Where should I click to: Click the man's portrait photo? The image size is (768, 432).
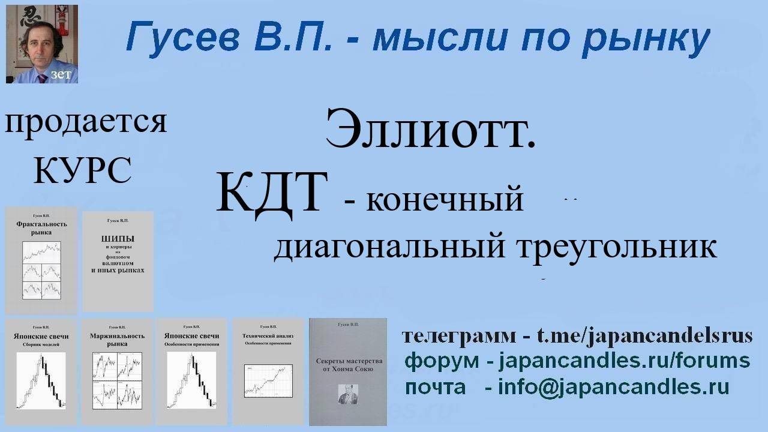(41, 44)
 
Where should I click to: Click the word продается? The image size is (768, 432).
(86, 122)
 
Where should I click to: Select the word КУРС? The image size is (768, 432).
(82, 170)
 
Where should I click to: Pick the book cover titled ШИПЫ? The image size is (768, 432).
(118, 260)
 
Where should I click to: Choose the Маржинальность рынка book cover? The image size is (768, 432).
(117, 371)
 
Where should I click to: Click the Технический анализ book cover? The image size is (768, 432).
(268, 371)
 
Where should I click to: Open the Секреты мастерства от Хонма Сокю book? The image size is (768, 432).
(348, 371)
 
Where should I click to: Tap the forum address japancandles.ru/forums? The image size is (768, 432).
(624, 361)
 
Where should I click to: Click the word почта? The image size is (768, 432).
(435, 388)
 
